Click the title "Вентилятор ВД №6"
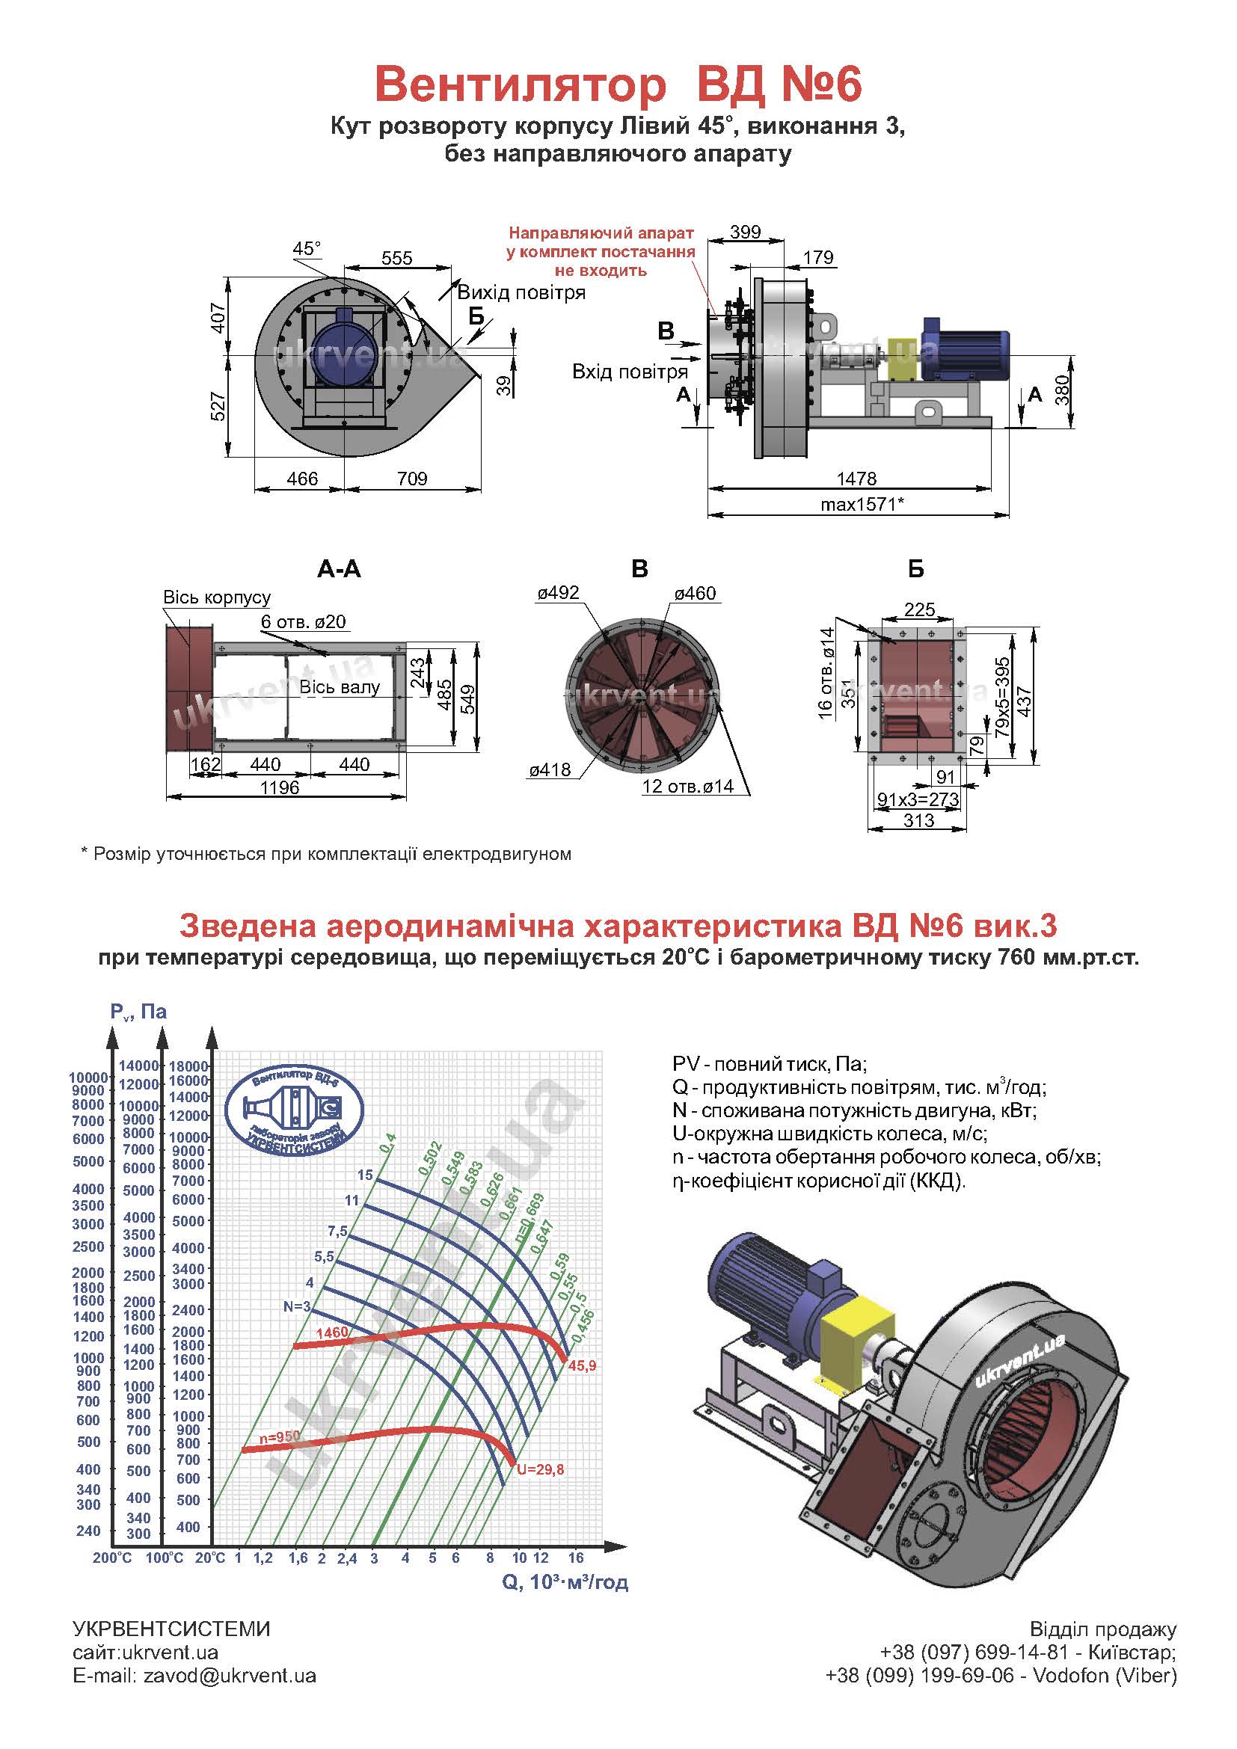[x=618, y=84]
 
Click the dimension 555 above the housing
[x=396, y=258]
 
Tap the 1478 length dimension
[x=856, y=479]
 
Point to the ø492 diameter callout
[x=558, y=593]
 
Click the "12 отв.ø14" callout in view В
[x=688, y=786]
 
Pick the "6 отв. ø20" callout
[x=303, y=621]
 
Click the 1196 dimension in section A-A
[x=280, y=787]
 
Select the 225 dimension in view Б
[x=918, y=609]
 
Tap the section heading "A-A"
[x=338, y=569]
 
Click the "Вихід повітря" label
[x=521, y=293]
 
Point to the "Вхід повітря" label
[x=629, y=372]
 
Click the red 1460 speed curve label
[x=332, y=1333]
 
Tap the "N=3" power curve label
[x=297, y=1306]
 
